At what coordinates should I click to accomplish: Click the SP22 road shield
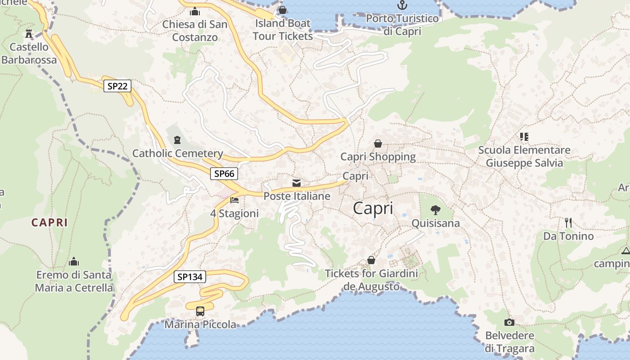coord(117,86)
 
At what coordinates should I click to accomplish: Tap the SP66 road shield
coord(224,174)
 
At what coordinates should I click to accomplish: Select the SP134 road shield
coord(190,277)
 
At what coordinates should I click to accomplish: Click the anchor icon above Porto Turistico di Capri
coord(402,5)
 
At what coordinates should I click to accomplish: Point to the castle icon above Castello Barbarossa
coord(29,34)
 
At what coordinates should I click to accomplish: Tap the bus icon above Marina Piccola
coord(200,311)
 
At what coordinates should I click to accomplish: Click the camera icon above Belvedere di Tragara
coord(509,322)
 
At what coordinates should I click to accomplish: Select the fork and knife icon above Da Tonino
coord(568,222)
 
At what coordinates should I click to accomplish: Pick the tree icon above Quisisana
coord(435,210)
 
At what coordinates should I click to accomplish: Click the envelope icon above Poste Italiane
coord(297,183)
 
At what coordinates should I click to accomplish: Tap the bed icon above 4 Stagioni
coord(234,200)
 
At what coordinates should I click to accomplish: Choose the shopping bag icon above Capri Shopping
coord(378,144)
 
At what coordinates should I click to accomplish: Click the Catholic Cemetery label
coord(178,153)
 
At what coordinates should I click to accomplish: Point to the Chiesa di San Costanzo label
coord(195,31)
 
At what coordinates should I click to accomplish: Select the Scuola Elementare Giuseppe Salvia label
coord(524,156)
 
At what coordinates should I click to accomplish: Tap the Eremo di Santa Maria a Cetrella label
coord(74,281)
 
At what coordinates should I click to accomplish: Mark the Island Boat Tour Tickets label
coord(283,30)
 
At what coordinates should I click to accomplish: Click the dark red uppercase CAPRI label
coord(49,222)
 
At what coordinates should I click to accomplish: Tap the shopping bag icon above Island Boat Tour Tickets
coord(283,10)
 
